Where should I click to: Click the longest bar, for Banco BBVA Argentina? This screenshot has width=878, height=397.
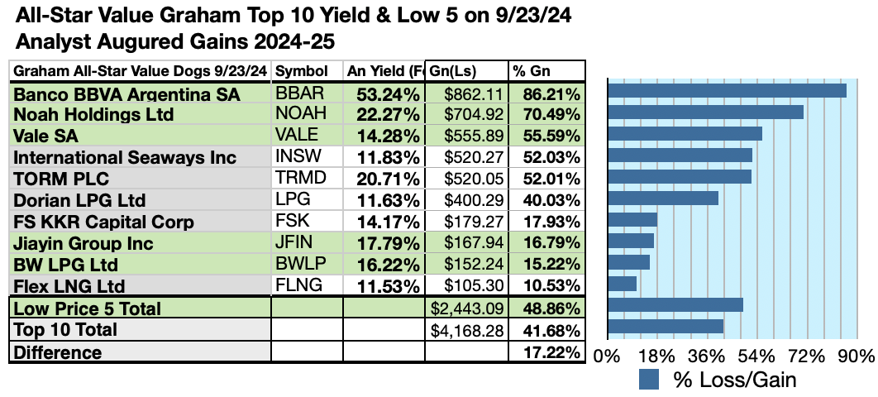727,91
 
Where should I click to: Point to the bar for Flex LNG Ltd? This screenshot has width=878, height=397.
622,284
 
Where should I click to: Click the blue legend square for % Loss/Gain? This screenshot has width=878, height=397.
650,380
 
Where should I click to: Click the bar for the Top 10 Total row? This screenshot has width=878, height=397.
666,326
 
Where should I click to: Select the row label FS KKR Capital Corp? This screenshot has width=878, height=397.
104,222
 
